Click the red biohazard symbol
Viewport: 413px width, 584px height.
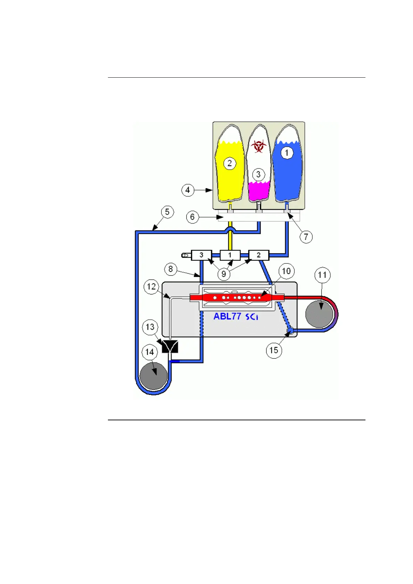[x=258, y=146]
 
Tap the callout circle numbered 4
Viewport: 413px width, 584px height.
[x=188, y=190]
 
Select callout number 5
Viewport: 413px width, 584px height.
[x=167, y=212]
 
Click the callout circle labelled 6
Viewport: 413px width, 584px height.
[x=193, y=217]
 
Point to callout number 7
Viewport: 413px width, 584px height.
[x=306, y=237]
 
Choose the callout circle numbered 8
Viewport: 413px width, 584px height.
[x=171, y=269]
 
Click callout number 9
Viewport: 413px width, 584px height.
[x=224, y=274]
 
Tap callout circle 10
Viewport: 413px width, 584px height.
[x=286, y=271]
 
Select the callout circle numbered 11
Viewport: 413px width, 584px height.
[x=322, y=275]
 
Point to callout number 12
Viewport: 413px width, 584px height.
[x=151, y=287]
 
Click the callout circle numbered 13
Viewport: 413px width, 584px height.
[x=150, y=327]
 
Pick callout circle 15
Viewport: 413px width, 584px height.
[x=274, y=350]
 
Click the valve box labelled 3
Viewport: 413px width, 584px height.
[x=201, y=255]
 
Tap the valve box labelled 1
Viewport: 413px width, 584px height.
[x=230, y=255]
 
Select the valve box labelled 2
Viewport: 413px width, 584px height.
[x=259, y=255]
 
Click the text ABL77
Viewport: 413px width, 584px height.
[x=227, y=316]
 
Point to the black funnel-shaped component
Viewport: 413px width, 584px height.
[x=170, y=346]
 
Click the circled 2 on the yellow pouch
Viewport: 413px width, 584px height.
[x=230, y=163]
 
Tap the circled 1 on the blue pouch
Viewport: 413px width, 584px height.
[x=287, y=153]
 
